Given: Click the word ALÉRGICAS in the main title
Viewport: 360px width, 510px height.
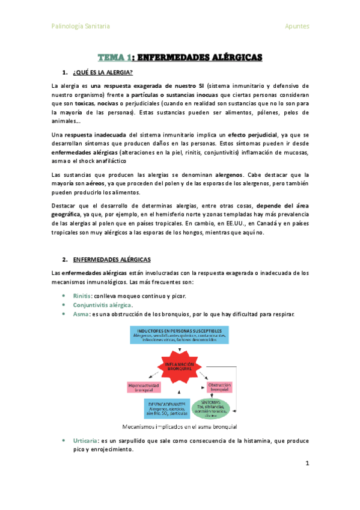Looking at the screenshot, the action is [230, 58].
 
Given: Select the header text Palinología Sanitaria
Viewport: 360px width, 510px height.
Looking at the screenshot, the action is [81, 26].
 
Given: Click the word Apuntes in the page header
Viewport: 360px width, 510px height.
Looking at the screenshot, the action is [297, 26].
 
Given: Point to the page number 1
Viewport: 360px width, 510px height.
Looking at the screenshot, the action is [307, 464].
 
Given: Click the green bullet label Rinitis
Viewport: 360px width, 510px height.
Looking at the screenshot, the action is [82, 296].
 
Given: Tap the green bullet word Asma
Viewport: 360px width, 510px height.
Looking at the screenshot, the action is [79, 315].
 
